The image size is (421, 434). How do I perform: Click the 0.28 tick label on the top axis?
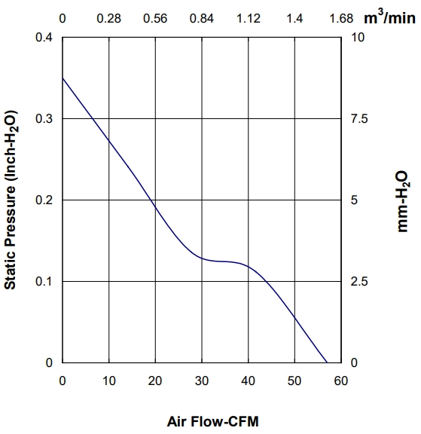(x=108, y=19)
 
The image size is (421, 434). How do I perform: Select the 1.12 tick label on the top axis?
(x=248, y=19)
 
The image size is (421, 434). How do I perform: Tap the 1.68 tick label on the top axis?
(x=341, y=19)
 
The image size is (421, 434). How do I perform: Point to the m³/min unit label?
(x=389, y=17)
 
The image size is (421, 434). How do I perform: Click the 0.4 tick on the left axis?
(x=44, y=37)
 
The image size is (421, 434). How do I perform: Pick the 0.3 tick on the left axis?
(x=44, y=118)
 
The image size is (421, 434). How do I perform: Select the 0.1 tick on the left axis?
(x=44, y=281)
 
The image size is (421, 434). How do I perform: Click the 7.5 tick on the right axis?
(x=359, y=118)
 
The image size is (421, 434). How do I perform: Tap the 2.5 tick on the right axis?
(x=359, y=281)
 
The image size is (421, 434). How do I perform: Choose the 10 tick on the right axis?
(x=358, y=37)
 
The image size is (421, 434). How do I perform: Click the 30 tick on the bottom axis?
(x=202, y=381)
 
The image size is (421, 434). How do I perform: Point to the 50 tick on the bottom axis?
(x=294, y=381)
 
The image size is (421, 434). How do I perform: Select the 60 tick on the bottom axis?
(x=340, y=381)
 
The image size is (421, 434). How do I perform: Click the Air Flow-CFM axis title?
(x=212, y=421)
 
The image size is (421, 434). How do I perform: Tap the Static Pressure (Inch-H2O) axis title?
(x=11, y=200)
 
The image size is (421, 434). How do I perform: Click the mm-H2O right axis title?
(x=402, y=201)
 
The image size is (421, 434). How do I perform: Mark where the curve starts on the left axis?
(x=63, y=78)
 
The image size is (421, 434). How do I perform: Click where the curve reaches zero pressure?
(x=327, y=362)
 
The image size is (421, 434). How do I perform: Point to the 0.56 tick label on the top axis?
(x=155, y=19)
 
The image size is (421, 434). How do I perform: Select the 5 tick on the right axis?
(x=354, y=200)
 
